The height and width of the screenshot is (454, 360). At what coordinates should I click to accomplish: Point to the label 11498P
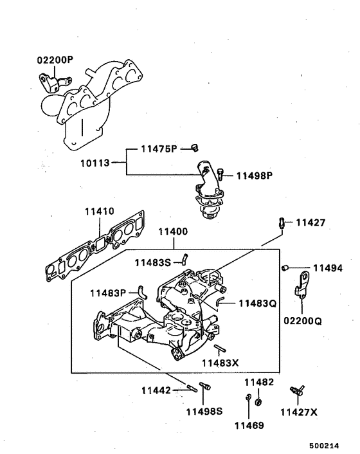(255, 175)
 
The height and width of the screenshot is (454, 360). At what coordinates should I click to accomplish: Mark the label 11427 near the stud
(310, 223)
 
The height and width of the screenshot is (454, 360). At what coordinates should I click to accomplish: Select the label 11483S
(152, 262)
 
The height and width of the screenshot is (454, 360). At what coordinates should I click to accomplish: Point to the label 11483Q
(257, 302)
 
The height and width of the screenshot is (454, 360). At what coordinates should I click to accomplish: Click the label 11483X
(221, 363)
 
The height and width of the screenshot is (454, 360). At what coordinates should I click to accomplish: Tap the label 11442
(156, 390)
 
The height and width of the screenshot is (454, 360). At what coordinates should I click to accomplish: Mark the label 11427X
(300, 411)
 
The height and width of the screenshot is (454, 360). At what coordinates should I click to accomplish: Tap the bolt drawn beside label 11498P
(222, 173)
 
